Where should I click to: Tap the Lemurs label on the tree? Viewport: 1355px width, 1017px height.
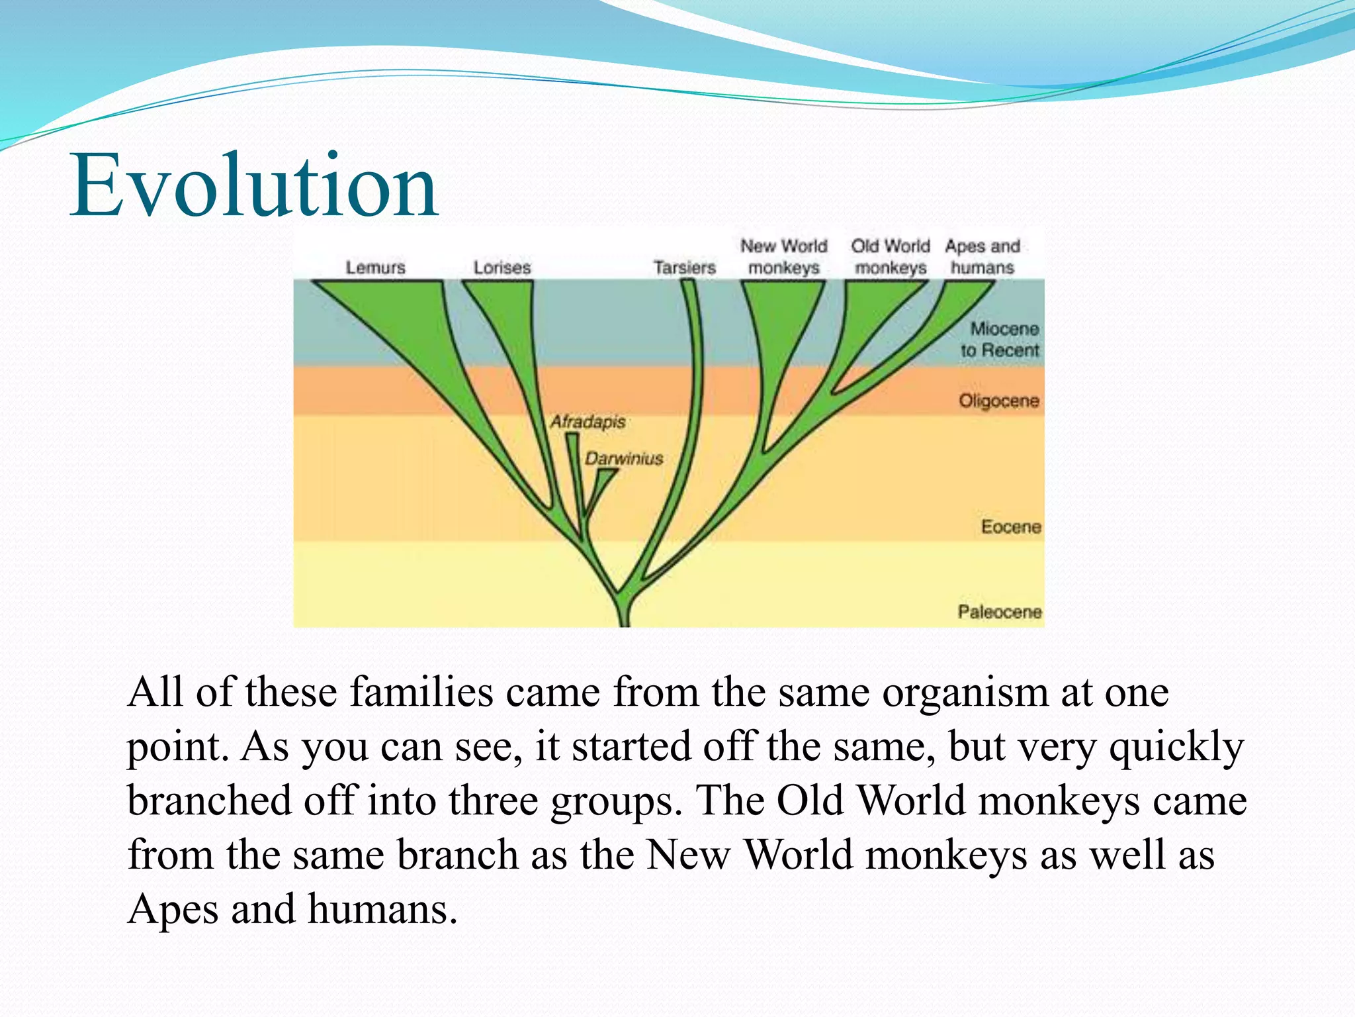point(375,267)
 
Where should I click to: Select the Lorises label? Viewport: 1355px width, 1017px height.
point(502,267)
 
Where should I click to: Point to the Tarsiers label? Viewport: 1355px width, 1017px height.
point(685,267)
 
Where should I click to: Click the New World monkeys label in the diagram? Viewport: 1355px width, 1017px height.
point(784,257)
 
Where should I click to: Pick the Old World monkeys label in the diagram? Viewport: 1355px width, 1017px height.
point(891,257)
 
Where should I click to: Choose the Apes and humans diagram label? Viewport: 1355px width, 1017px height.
point(983,257)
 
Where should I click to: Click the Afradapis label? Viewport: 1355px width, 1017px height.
point(588,422)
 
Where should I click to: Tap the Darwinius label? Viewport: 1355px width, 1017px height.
point(624,458)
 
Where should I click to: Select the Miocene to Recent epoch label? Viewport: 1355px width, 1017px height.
point(1000,339)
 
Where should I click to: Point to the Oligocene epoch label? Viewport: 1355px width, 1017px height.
point(999,401)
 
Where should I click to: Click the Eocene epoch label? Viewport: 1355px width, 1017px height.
point(1011,527)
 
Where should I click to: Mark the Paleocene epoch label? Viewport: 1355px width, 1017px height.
point(1000,612)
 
